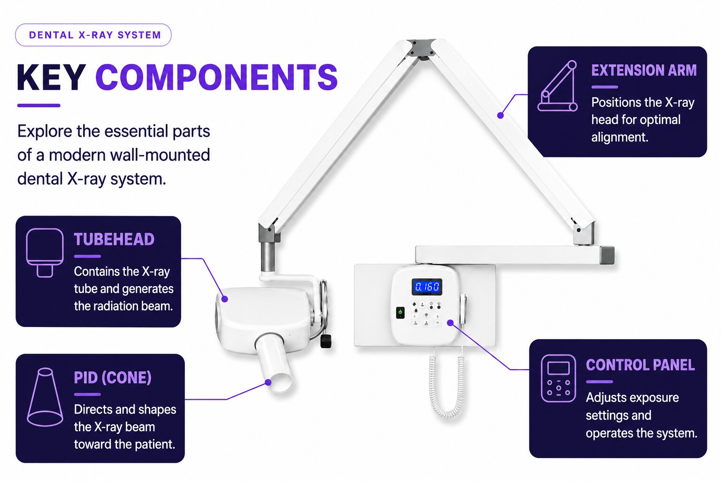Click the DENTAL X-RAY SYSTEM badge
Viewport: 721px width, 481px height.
[x=93, y=35]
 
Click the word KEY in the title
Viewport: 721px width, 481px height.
[x=52, y=78]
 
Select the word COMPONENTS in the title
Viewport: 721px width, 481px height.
[x=216, y=78]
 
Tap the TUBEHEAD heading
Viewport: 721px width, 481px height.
[x=114, y=240]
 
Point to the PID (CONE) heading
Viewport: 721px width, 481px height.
[x=113, y=378]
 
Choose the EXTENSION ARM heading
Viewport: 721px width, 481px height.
[x=644, y=70]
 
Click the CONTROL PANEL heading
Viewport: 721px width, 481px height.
[x=640, y=365]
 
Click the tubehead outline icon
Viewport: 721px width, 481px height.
[x=45, y=253]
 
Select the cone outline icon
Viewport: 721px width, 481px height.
[x=45, y=397]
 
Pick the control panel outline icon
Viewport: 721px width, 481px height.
[x=559, y=379]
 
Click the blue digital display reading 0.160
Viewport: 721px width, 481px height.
[x=427, y=287]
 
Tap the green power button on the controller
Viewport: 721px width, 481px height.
[x=400, y=312]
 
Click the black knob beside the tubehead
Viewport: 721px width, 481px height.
[x=326, y=341]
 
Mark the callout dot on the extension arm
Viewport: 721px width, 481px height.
[x=500, y=116]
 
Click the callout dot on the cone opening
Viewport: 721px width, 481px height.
[x=268, y=382]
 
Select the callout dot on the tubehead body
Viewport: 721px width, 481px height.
[x=225, y=299]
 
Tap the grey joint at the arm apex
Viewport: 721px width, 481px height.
[x=421, y=48]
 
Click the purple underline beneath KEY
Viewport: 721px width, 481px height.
[x=38, y=105]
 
